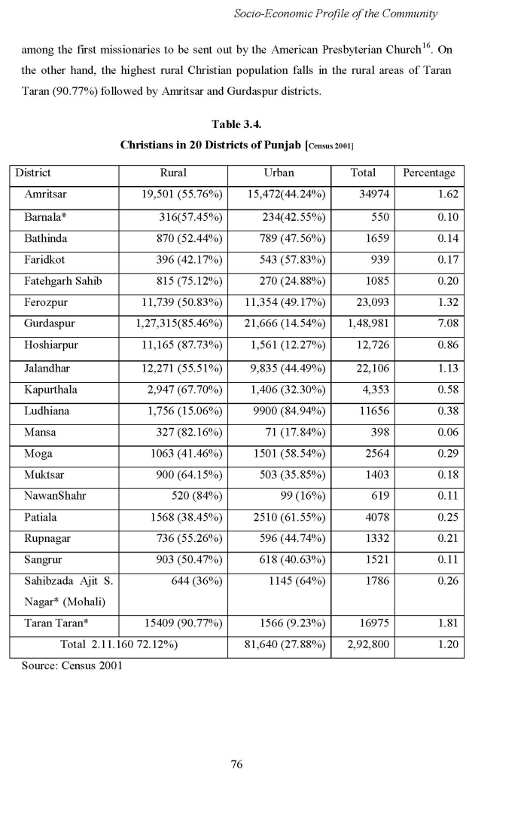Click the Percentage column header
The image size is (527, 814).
pos(429,173)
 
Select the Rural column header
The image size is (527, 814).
pos(174,173)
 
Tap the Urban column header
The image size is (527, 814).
pos(279,173)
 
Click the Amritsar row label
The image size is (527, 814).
pos(45,194)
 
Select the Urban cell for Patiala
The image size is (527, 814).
pos(288,519)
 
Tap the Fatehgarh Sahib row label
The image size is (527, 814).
pos(63,281)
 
